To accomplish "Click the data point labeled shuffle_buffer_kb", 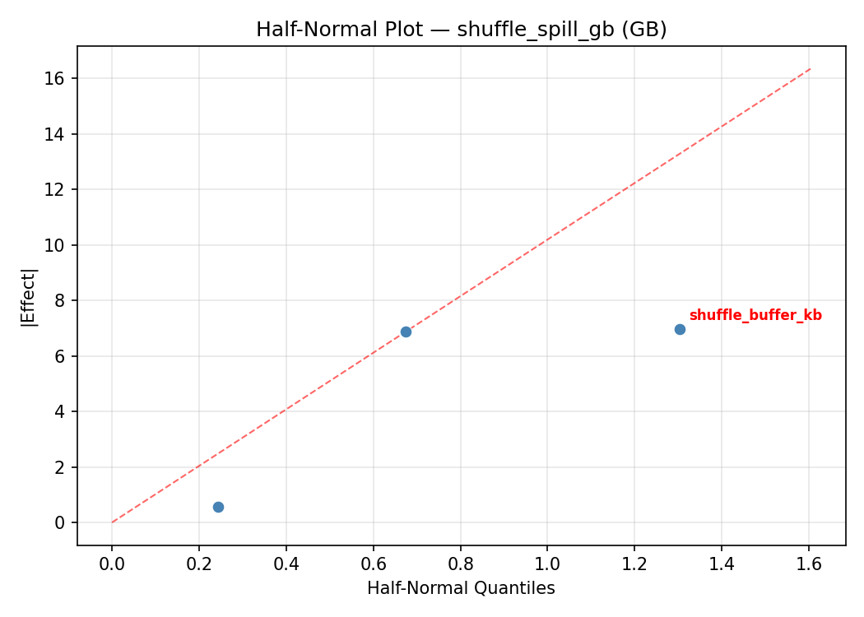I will (680, 329).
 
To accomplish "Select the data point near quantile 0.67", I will (406, 332).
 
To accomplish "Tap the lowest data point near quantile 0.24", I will (218, 507).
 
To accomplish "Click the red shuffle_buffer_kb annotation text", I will (755, 315).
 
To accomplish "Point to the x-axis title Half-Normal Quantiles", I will (461, 588).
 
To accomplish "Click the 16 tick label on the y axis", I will (57, 78).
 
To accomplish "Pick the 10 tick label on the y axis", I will (57, 245).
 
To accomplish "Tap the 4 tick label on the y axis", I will (61, 411).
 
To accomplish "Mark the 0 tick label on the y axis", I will (61, 522).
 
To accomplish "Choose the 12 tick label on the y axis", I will (57, 189).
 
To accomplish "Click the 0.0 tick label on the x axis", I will (112, 564).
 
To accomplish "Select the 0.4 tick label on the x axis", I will (286, 564).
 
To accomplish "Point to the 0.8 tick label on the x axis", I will (460, 564).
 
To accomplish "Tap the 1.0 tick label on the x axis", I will (547, 564).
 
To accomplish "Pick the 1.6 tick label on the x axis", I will (809, 564).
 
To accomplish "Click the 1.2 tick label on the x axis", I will (634, 564).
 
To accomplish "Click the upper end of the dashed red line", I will (811, 68).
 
